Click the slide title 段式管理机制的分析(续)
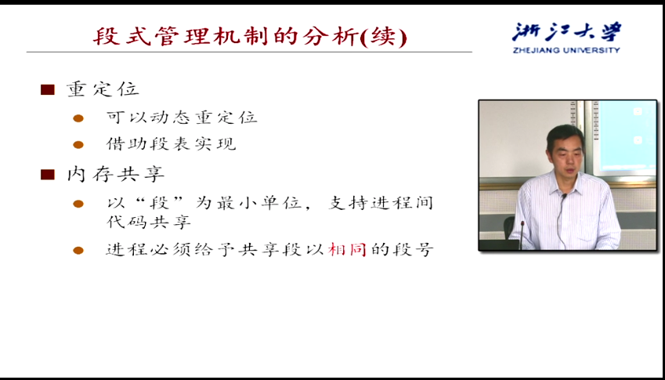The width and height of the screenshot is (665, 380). [x=250, y=37]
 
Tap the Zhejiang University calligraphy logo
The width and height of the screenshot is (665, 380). [x=566, y=32]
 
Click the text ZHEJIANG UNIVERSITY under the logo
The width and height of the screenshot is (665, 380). [x=566, y=50]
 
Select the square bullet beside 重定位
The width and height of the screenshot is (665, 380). [x=48, y=89]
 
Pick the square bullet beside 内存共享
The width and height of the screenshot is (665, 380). [x=48, y=174]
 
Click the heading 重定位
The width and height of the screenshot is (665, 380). [x=103, y=89]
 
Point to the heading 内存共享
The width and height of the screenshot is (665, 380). [x=115, y=174]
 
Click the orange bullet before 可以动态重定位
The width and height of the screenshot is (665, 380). [x=78, y=118]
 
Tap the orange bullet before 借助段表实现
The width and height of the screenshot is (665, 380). [x=78, y=145]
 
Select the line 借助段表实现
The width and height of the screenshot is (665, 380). [x=171, y=144]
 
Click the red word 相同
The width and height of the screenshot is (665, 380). [x=347, y=249]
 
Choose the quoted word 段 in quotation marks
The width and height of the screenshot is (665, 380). [x=161, y=203]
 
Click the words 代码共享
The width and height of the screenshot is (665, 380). [x=149, y=223]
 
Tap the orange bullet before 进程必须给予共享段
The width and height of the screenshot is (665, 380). [x=78, y=251]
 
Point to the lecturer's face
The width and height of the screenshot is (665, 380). [x=566, y=152]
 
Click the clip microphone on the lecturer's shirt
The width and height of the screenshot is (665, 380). [x=564, y=197]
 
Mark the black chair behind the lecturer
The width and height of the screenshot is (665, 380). [x=509, y=228]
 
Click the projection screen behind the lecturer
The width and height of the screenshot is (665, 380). [x=626, y=136]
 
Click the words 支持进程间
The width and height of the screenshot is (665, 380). [x=381, y=203]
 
